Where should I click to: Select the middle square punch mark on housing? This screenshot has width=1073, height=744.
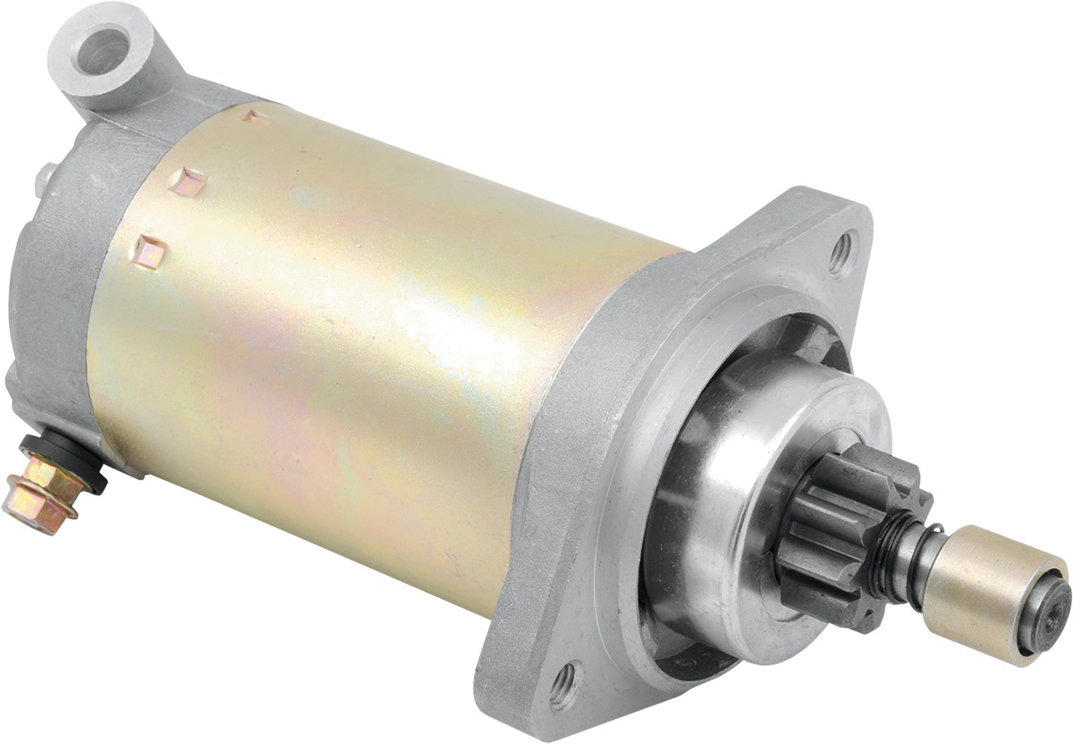pyautogui.click(x=192, y=182)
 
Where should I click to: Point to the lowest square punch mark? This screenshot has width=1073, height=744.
pyautogui.click(x=151, y=252)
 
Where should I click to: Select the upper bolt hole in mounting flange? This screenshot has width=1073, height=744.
pyautogui.click(x=841, y=253)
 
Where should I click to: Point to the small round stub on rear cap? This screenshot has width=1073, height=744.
pyautogui.click(x=43, y=178)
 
